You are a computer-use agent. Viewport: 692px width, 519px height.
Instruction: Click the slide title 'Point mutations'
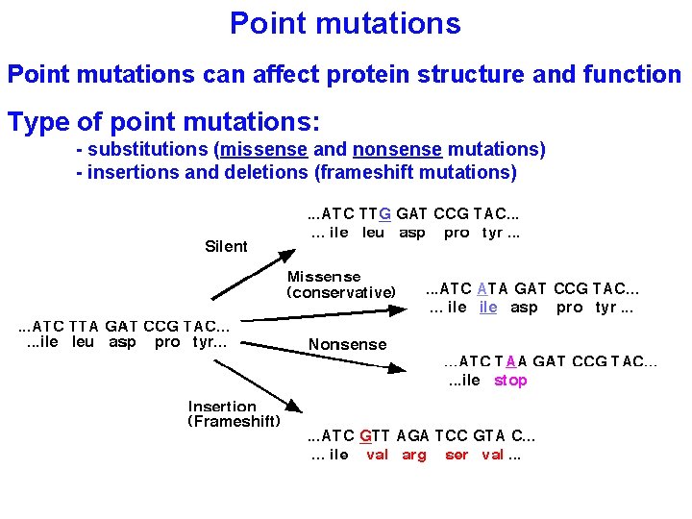point(345,23)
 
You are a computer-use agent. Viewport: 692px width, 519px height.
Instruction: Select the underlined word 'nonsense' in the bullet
point(397,149)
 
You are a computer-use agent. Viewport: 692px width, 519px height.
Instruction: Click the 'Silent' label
point(226,247)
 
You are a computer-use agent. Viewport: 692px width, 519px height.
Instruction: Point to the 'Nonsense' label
point(347,344)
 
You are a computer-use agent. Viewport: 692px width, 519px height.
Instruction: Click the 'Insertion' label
point(222,407)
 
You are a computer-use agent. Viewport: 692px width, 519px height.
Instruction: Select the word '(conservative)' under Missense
point(341,292)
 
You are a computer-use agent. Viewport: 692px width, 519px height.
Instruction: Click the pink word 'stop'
point(510,381)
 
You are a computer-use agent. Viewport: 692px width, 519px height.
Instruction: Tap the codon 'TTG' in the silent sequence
point(375,214)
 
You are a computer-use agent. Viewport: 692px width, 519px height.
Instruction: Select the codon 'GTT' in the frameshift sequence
point(375,435)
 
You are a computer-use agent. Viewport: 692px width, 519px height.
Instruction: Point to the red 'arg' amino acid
point(414,455)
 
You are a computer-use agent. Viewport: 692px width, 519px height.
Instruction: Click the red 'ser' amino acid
point(457,455)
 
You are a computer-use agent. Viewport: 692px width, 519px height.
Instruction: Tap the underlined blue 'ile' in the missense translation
point(488,308)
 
